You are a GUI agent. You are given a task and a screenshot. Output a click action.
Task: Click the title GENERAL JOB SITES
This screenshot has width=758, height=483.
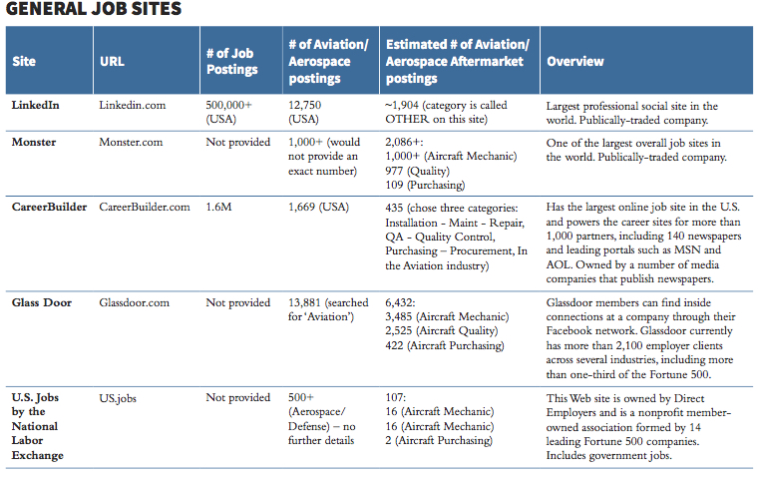tap(94, 11)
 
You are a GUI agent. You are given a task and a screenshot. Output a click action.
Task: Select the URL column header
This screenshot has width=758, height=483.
tap(113, 61)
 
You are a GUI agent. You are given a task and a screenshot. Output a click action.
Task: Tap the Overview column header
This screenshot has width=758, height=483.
tap(575, 61)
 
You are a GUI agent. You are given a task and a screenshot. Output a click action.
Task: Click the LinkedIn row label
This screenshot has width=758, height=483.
tap(36, 105)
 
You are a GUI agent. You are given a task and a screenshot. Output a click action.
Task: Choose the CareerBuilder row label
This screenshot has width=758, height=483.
tap(50, 207)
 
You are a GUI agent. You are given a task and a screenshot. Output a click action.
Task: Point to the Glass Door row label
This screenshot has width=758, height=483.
tap(42, 302)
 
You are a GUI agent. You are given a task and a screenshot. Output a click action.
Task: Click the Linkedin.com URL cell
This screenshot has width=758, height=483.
tap(134, 105)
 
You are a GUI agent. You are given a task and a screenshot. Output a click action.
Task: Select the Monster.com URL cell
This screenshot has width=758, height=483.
tap(132, 142)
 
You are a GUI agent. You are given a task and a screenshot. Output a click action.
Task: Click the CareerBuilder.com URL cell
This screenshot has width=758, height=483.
tap(145, 207)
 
